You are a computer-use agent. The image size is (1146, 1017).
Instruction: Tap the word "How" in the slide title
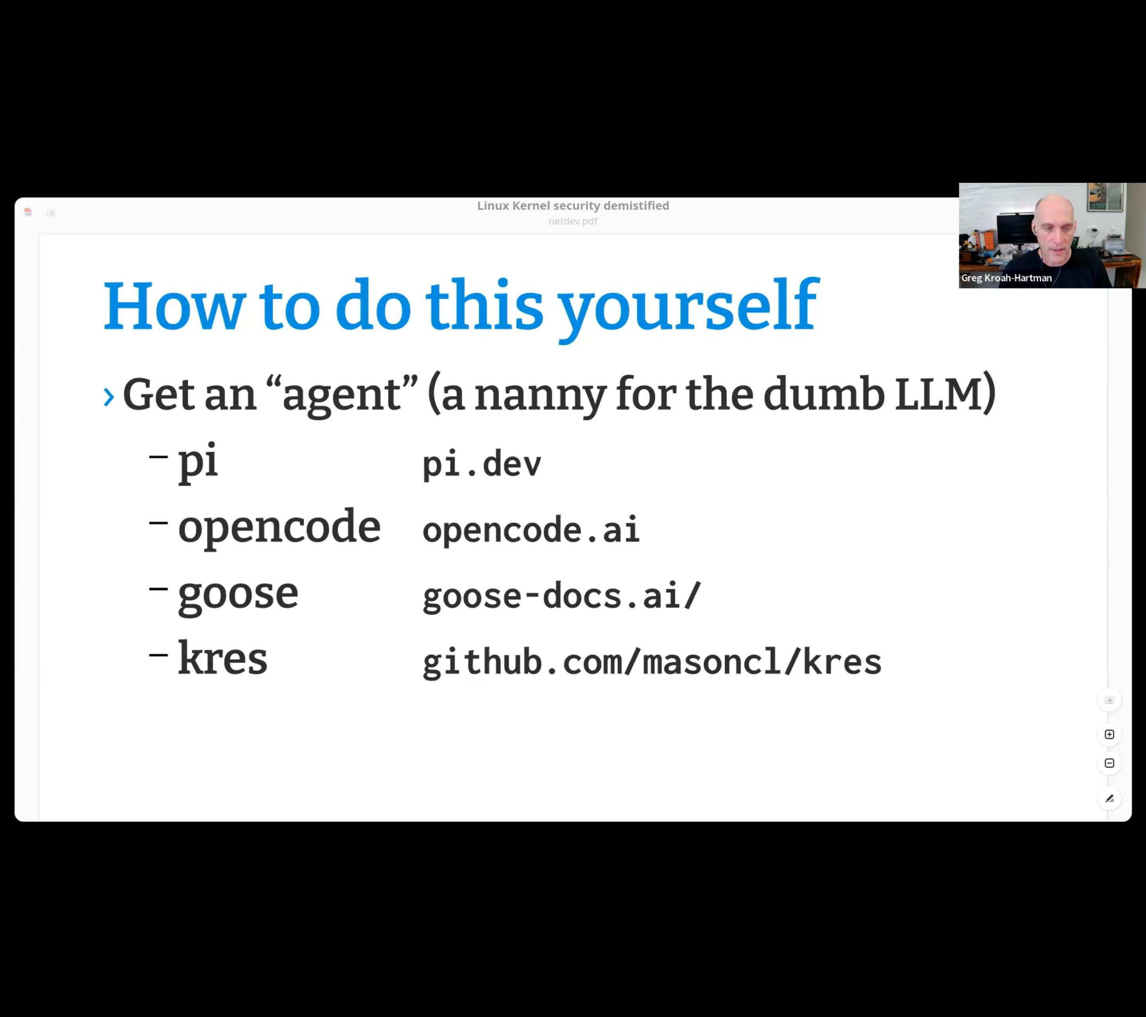coord(174,306)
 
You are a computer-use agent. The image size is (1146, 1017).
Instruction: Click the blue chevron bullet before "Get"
coord(109,397)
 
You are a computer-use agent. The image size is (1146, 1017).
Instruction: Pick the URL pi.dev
coord(482,464)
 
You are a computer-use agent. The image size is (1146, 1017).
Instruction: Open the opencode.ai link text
coord(530,529)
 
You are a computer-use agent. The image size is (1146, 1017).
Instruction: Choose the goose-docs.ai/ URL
coord(562,596)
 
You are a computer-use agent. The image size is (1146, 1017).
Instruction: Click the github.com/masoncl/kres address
coord(652,662)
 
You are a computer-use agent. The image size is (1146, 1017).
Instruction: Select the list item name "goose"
coord(238,595)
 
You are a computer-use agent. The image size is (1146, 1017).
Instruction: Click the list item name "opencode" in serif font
coord(279,528)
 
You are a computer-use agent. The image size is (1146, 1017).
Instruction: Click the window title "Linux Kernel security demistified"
coord(573,206)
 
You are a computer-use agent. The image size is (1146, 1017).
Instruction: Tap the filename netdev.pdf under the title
coord(573,221)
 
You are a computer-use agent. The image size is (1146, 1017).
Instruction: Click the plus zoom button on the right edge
coord(1109,734)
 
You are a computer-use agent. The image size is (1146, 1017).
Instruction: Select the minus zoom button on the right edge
coord(1109,763)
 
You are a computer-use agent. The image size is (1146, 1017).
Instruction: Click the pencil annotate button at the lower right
coord(1109,798)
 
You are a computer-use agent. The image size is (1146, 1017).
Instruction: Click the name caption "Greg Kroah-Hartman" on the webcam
coord(1006,278)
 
